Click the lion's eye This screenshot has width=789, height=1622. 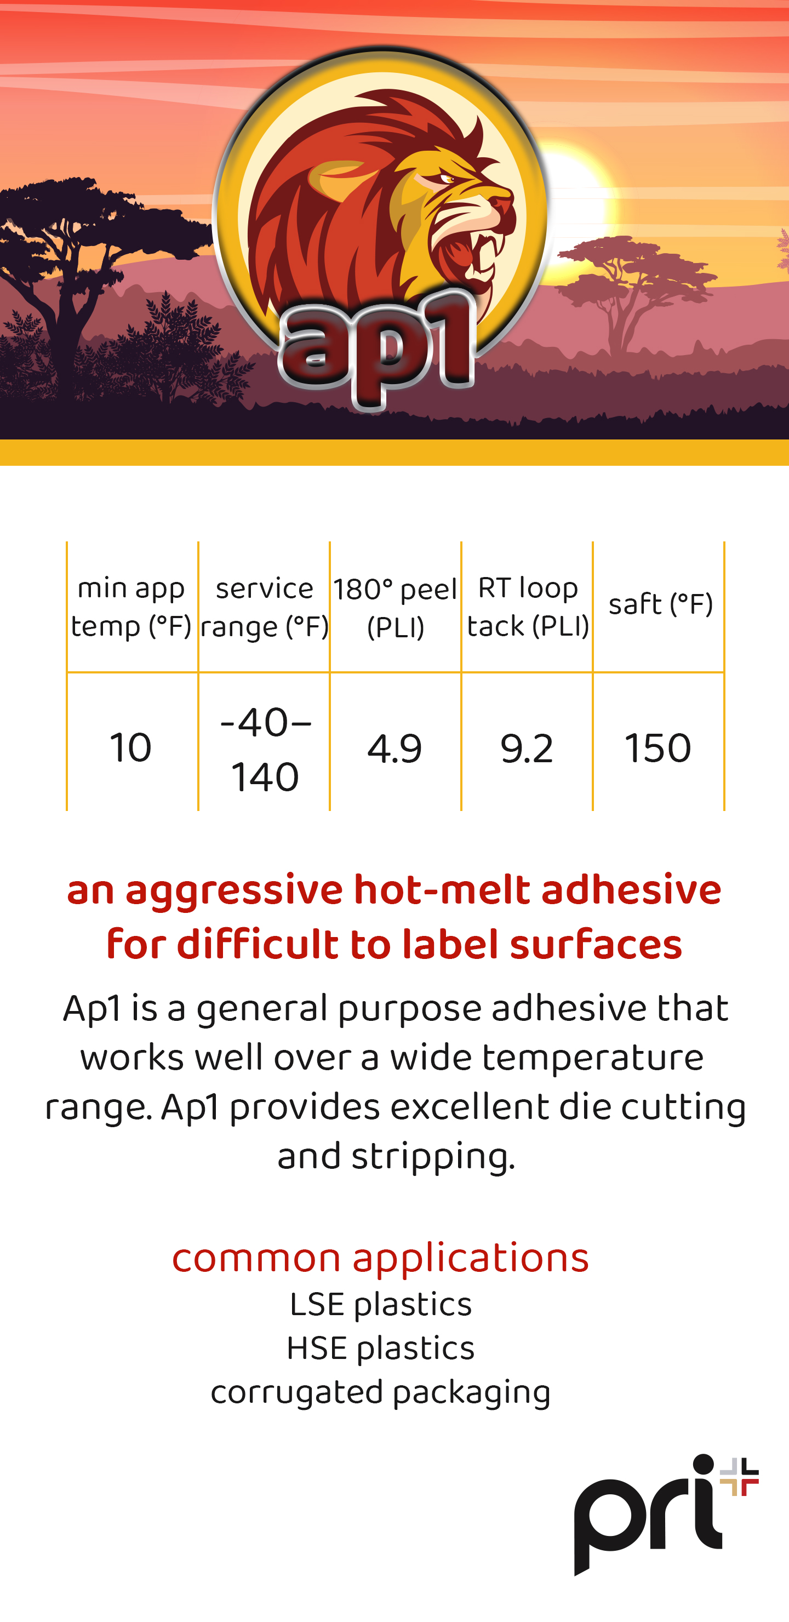pyautogui.click(x=446, y=179)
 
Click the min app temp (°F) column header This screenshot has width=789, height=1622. pyautogui.click(x=131, y=607)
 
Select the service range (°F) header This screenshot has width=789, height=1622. pyautogui.click(x=265, y=607)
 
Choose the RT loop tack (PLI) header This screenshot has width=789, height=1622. pyautogui.click(x=528, y=607)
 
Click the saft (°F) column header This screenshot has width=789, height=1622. pyautogui.click(x=660, y=604)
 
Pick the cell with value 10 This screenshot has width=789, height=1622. pyautogui.click(x=130, y=748)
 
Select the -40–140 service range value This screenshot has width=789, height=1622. pyautogui.click(x=265, y=749)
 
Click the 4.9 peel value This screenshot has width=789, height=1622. pyautogui.click(x=395, y=749)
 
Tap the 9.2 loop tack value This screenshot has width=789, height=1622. pyautogui.click(x=527, y=749)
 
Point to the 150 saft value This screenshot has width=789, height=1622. pyautogui.click(x=658, y=748)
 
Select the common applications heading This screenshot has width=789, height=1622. pyautogui.click(x=380, y=1258)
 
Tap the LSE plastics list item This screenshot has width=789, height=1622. pyautogui.click(x=380, y=1305)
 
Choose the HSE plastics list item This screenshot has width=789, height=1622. pyautogui.click(x=380, y=1348)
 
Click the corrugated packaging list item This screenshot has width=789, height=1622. pyautogui.click(x=380, y=1393)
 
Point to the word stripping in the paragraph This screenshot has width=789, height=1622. pyautogui.click(x=433, y=1157)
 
